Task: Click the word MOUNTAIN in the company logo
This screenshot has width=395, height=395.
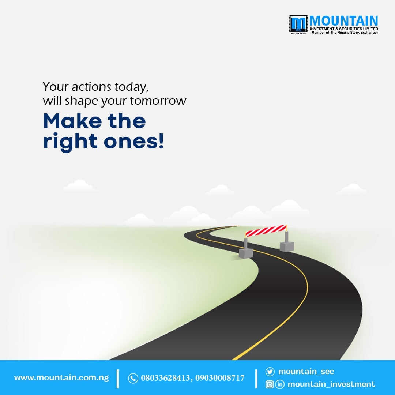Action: pos(344,21)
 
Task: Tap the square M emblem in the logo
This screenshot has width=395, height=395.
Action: pos(298,23)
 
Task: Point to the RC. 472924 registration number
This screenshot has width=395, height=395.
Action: pos(298,33)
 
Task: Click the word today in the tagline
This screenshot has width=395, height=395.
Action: pos(130,87)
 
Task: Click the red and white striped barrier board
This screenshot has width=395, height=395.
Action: pos(266,230)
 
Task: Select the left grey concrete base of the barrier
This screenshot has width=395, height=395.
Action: pos(246,253)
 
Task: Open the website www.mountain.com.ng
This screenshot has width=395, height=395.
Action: pos(61,378)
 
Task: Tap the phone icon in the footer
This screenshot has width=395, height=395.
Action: pos(133,378)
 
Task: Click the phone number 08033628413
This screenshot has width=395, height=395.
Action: pos(165,378)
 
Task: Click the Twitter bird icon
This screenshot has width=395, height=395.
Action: pos(270,372)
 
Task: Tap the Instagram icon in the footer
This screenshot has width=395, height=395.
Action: pos(270,384)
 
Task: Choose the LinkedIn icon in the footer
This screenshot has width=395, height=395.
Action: pos(280,384)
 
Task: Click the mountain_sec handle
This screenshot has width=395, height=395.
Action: pos(306,372)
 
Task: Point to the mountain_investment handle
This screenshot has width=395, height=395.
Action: pos(331,384)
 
